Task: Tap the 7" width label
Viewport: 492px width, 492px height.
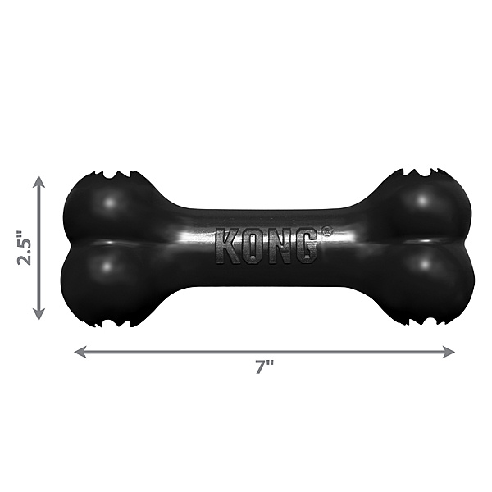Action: (263, 367)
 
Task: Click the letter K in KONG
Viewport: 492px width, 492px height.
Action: (228, 245)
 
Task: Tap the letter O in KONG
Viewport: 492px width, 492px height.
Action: (253, 245)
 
